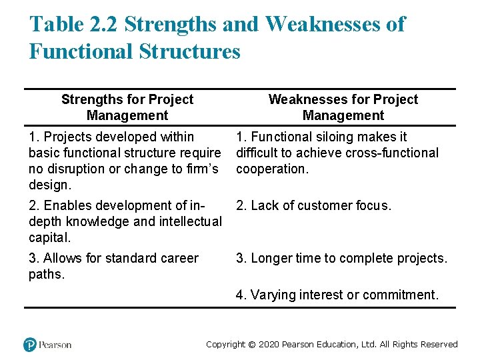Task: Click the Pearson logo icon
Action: pos(29,345)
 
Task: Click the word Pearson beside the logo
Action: pos(55,345)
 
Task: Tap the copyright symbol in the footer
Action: pos(251,345)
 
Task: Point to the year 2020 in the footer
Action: pos(267,345)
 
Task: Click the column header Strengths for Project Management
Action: pos(127,107)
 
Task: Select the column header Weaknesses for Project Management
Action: pos(343,107)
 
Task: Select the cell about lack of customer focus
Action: pos(313,206)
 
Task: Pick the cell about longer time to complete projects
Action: pos(341,258)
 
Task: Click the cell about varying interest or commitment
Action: pos(337,295)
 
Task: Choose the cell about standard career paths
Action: pos(113,266)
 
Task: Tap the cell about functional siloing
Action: pos(337,153)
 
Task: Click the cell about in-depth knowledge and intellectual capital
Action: pos(125,221)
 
